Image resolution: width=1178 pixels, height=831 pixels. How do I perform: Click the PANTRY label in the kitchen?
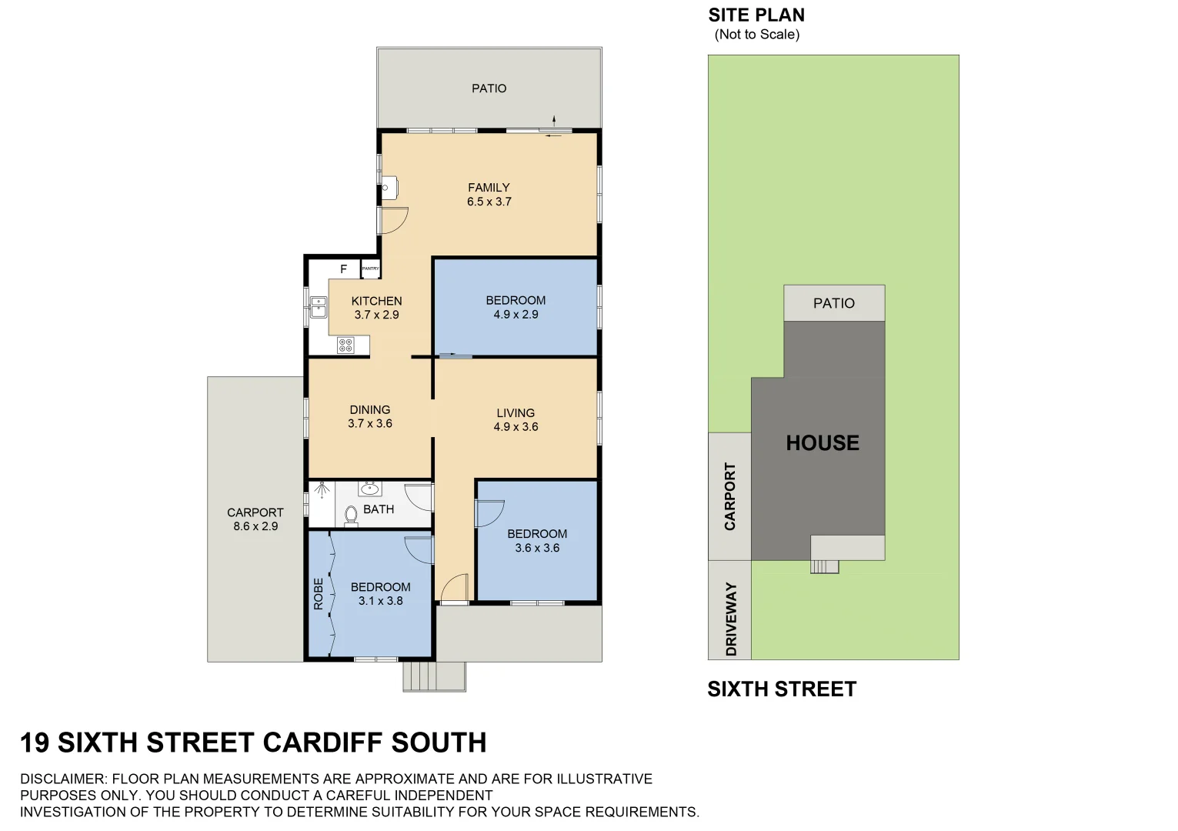[x=370, y=269]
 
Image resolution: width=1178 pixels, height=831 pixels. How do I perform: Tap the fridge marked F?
[x=344, y=269]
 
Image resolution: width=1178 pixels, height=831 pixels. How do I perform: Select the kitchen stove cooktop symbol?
[x=345, y=345]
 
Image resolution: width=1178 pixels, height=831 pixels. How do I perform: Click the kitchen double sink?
[x=318, y=307]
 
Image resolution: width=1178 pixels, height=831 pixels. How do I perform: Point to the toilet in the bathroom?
[x=351, y=515]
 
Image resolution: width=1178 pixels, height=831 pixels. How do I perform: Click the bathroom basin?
[x=370, y=488]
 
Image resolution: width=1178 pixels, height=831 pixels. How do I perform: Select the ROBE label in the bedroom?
[x=319, y=594]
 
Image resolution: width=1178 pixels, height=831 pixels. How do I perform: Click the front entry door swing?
[x=455, y=588]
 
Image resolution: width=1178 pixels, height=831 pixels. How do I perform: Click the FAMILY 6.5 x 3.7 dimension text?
[x=489, y=202]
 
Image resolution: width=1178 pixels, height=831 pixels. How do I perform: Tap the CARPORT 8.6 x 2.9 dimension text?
[x=255, y=526]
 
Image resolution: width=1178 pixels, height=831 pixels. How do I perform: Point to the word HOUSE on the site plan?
[x=822, y=443]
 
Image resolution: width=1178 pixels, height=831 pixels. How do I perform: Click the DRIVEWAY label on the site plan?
[x=731, y=619]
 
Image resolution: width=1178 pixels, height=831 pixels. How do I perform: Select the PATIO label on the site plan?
[x=833, y=303]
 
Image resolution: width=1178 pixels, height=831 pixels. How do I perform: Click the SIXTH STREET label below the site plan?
[x=781, y=689]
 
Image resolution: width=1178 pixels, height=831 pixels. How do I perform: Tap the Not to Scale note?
[x=756, y=35]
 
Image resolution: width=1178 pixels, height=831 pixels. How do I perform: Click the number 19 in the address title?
[x=35, y=743]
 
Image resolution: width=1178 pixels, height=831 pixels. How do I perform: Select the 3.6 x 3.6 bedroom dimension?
[x=537, y=548]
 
